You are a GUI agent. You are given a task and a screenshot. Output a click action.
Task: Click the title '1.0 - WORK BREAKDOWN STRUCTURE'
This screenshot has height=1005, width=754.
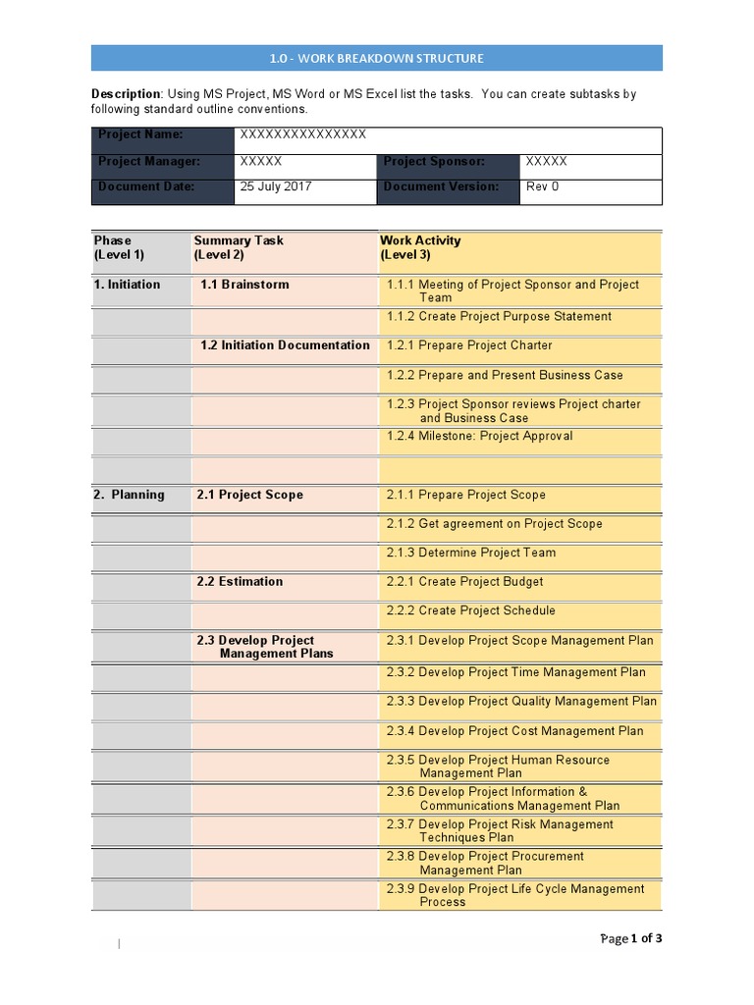(x=377, y=58)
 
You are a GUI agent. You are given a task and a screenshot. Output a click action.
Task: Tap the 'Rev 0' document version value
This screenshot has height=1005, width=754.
(x=542, y=186)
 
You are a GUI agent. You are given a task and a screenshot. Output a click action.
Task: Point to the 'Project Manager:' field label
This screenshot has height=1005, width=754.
(x=148, y=161)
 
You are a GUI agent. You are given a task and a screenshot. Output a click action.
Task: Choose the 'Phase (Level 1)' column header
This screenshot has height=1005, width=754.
(x=120, y=247)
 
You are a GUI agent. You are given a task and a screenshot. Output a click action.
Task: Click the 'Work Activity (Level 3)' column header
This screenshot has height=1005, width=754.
(x=420, y=247)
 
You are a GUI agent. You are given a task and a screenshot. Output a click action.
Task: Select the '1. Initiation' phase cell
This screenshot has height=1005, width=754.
(x=127, y=285)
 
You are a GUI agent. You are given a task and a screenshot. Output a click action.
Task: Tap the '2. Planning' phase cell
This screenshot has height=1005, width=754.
(x=130, y=495)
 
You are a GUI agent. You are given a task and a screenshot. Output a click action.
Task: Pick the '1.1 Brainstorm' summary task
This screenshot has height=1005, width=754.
(x=244, y=285)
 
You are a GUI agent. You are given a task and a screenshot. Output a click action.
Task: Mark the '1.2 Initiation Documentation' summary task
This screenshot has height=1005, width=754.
(x=285, y=344)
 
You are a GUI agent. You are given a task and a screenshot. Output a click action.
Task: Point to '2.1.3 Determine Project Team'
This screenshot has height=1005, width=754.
(x=471, y=553)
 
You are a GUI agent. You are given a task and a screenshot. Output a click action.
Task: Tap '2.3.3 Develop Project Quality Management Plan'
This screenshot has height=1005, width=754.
(x=521, y=701)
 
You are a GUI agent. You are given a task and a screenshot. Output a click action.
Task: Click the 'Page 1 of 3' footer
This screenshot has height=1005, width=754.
(x=630, y=938)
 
